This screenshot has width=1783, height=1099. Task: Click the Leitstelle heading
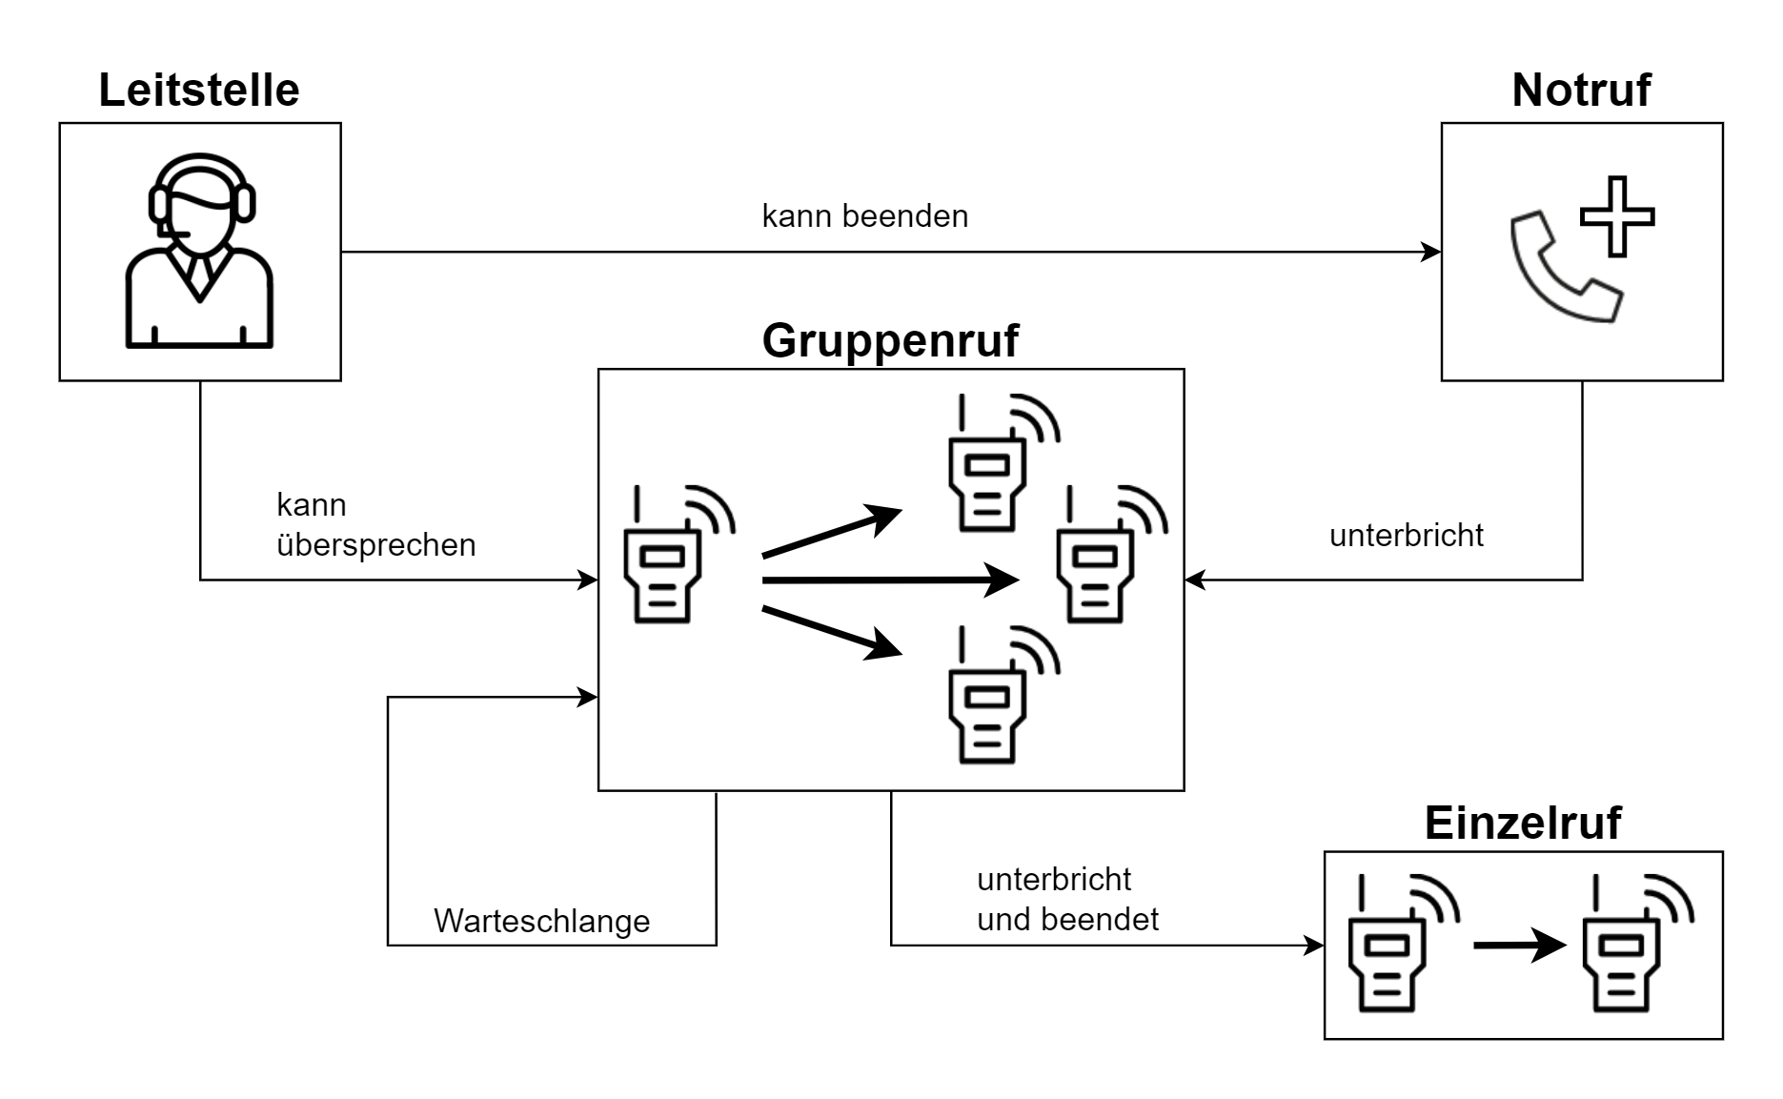point(198,91)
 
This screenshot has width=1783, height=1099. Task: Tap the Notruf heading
point(1580,91)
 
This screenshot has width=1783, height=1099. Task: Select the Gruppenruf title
point(890,340)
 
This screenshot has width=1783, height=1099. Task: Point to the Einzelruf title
point(1522,823)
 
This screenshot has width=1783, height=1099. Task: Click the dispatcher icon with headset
point(199,252)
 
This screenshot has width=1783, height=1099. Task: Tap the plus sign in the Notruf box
point(1616,216)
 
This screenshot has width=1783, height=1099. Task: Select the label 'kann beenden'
point(864,216)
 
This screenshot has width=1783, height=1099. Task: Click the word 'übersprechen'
point(375,545)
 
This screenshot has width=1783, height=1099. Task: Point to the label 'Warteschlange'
point(541,921)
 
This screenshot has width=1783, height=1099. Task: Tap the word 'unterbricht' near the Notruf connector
point(1406,536)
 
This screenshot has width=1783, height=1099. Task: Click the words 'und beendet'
point(1067,920)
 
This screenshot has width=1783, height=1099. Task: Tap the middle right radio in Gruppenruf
point(1101,562)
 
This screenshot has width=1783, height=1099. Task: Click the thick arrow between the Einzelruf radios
point(1518,946)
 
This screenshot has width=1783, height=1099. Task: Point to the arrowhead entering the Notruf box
point(1431,253)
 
